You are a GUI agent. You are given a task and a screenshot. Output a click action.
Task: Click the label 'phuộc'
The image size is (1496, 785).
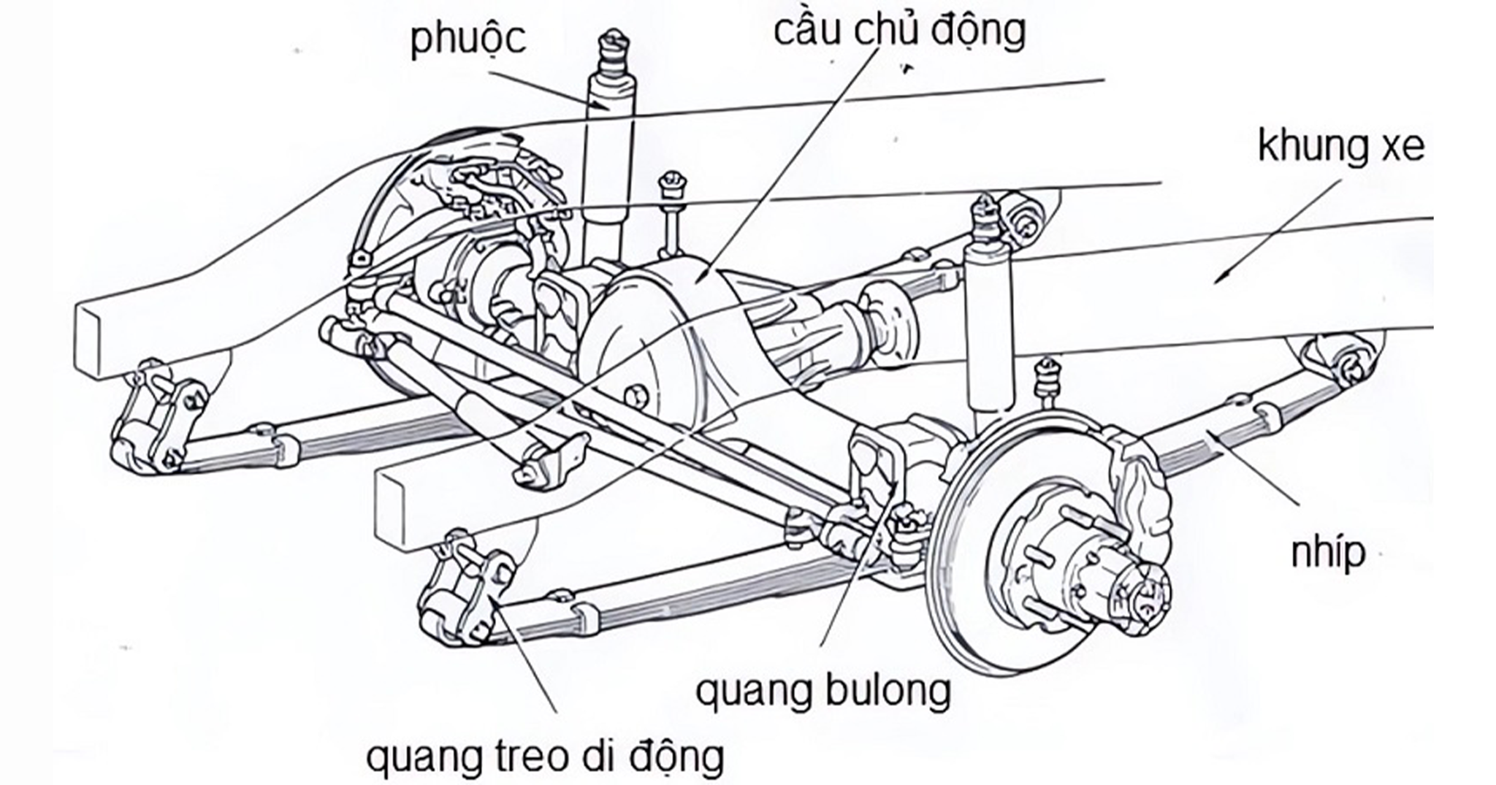click(467, 38)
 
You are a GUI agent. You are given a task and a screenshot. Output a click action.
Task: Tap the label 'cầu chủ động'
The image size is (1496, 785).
click(899, 31)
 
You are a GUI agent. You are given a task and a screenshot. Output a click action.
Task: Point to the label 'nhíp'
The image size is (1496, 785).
click(1328, 553)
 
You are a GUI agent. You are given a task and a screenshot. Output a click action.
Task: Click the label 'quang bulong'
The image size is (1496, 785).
click(823, 690)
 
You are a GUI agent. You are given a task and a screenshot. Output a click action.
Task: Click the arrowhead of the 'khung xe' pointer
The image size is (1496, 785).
click(1218, 279)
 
